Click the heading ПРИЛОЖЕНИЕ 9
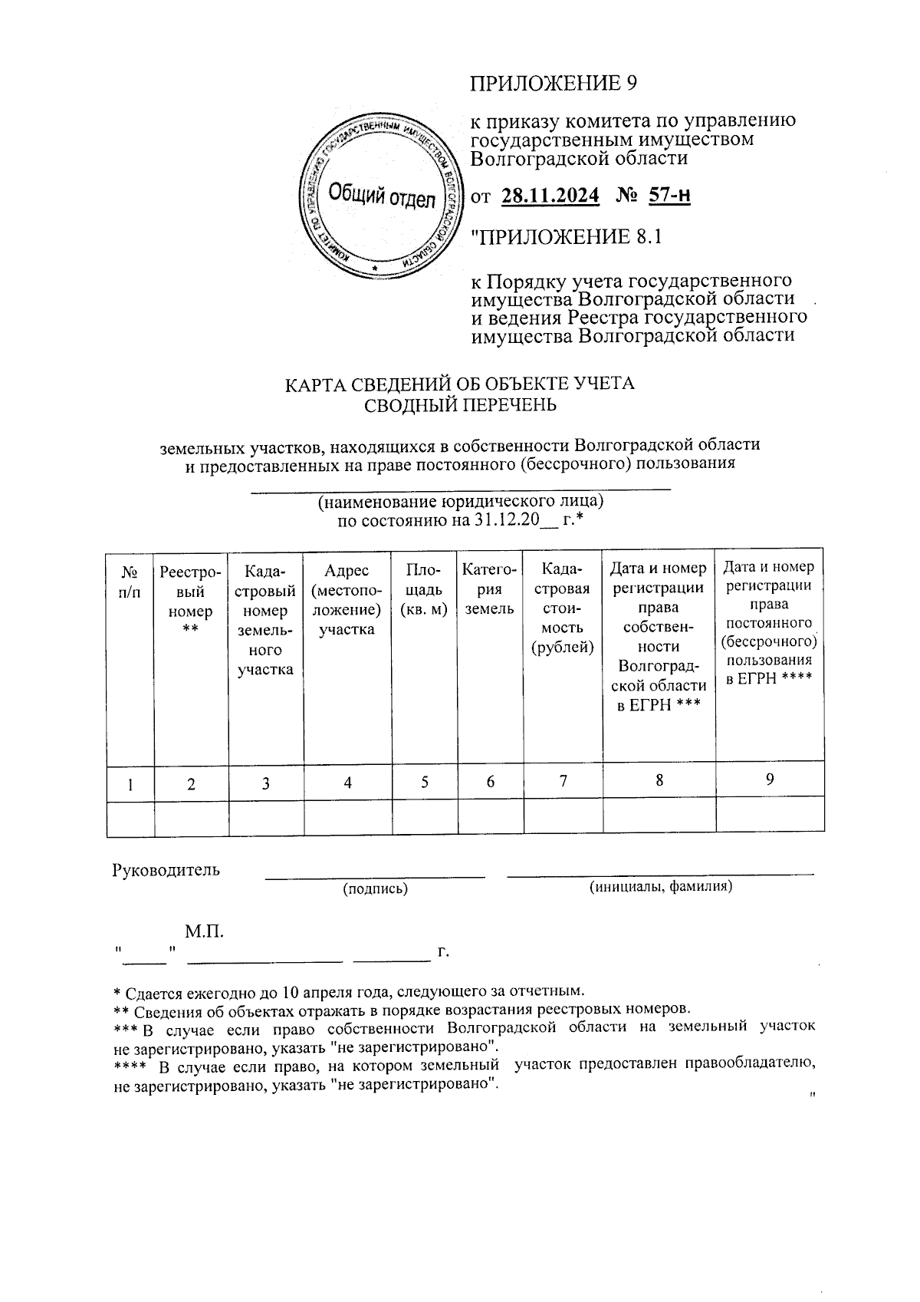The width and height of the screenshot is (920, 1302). coord(553,83)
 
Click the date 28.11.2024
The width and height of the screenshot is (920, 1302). coord(550,196)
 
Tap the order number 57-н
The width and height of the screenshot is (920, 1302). coord(669,196)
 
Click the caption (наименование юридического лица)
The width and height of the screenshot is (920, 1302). coord(461,502)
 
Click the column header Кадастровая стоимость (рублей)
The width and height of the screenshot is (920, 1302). coord(563,608)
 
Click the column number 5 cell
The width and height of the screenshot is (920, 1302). coord(424,782)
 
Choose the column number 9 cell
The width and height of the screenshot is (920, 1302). coord(770,779)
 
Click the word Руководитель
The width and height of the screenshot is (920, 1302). coord(166,870)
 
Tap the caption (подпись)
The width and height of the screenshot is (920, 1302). coord(375,888)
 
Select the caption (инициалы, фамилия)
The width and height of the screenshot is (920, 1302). coord(660,887)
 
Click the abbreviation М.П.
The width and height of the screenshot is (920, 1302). coord(204,932)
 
